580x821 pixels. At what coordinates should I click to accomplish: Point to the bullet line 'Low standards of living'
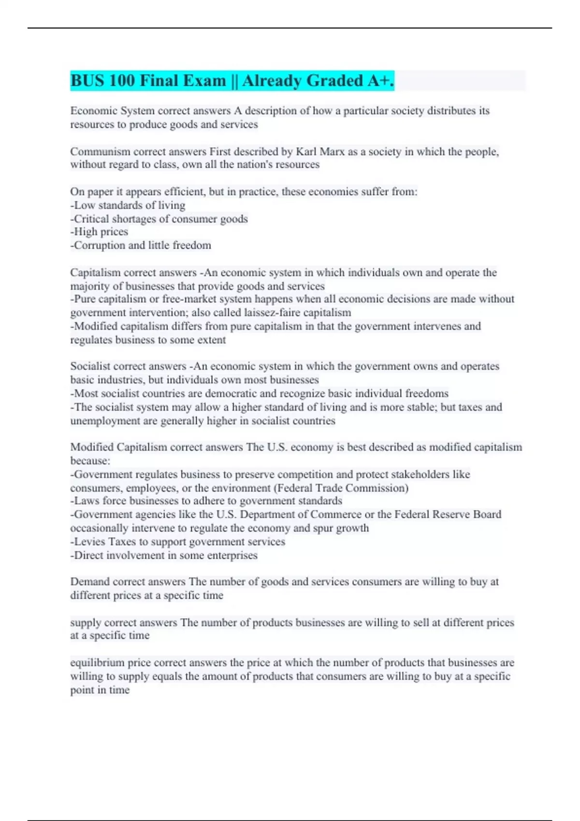coord(128,205)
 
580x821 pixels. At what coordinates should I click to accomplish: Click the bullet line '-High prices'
coord(100,232)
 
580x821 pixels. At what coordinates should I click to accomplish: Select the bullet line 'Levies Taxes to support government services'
coord(178,542)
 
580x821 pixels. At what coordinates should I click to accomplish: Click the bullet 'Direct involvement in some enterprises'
coord(164,555)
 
